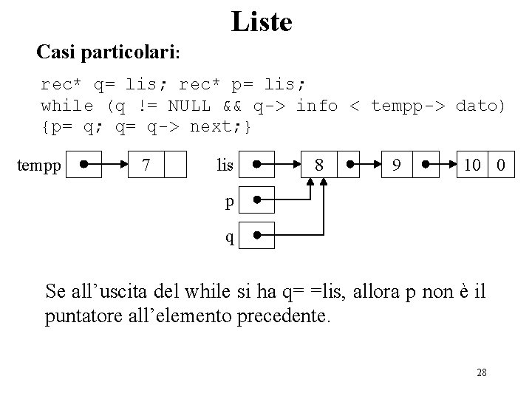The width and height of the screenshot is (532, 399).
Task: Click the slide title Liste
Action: pos(262,21)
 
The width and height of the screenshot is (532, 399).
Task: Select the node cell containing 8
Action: pos(318,164)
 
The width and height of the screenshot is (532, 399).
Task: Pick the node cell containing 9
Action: pos(398,164)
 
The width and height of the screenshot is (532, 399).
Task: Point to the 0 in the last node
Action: pos(501,164)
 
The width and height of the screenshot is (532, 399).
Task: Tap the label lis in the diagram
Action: pos(225,165)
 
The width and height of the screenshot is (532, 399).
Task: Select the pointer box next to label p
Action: pos(256,199)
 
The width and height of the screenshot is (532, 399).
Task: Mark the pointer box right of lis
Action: pos(256,164)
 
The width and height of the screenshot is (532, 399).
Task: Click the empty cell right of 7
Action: pos(174,164)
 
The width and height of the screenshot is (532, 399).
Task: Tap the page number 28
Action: pos(482,372)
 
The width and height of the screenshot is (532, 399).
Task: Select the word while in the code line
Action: pos(67,106)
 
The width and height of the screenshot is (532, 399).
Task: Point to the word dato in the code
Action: pos(481,106)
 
